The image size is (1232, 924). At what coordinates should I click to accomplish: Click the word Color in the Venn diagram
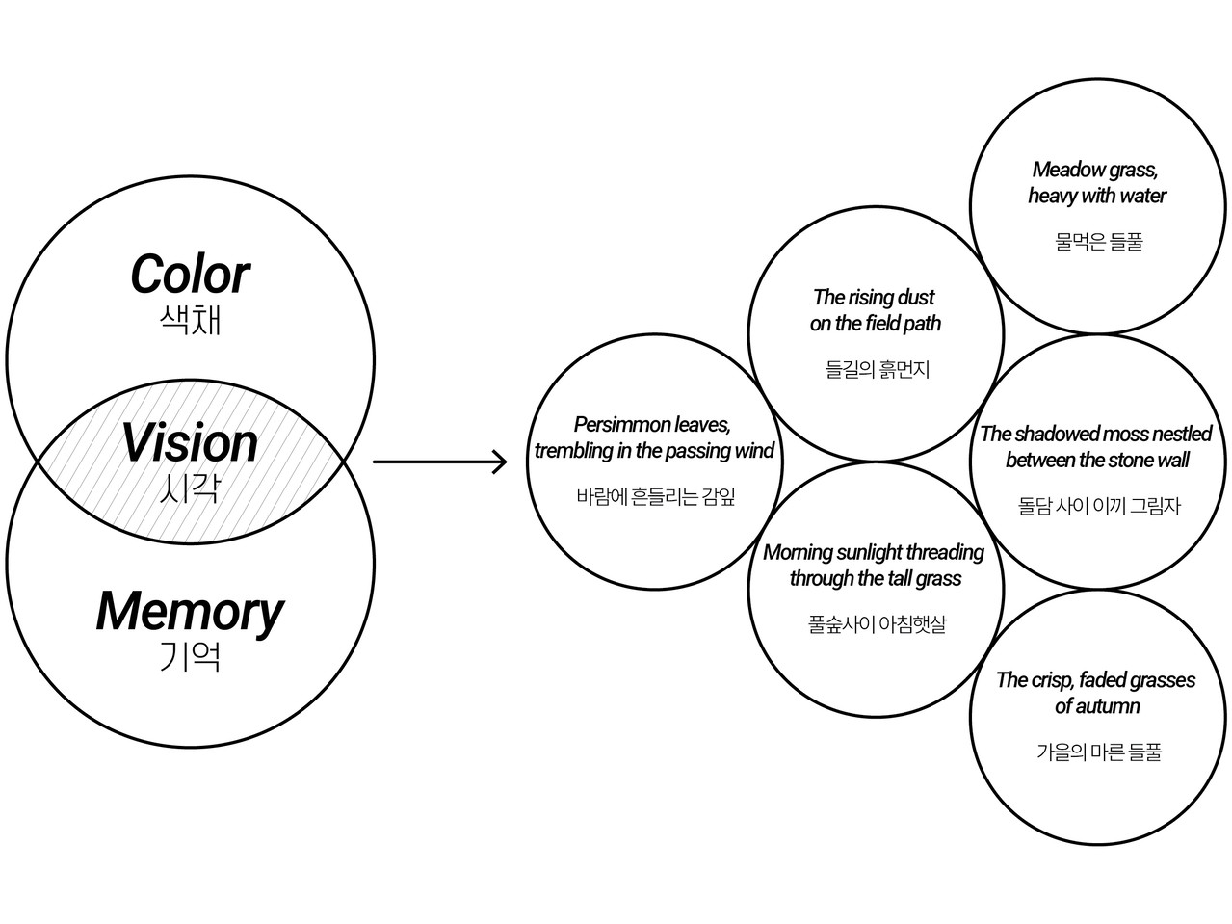190,275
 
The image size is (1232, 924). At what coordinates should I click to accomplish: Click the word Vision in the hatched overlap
190,443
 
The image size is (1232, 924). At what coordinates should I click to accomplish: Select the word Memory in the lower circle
190,611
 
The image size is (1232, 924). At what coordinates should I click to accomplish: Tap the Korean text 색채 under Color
190,319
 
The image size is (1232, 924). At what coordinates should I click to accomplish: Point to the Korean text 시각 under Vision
190,488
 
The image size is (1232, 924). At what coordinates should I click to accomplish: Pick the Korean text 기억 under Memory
190,656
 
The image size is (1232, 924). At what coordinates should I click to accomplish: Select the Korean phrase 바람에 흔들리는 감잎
655,497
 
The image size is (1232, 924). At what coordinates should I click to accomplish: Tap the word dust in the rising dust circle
915,298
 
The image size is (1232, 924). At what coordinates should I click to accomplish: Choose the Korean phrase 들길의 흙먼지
877,369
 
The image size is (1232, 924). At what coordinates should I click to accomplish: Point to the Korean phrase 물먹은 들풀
1098,242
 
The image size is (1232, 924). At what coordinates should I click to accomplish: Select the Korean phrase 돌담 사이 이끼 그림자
1098,505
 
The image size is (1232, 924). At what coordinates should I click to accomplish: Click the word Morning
798,553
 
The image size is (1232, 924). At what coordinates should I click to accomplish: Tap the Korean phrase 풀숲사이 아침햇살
877,624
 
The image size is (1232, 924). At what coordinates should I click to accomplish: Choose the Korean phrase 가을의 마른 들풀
1098,752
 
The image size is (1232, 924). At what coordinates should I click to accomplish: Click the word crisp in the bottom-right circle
1051,681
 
